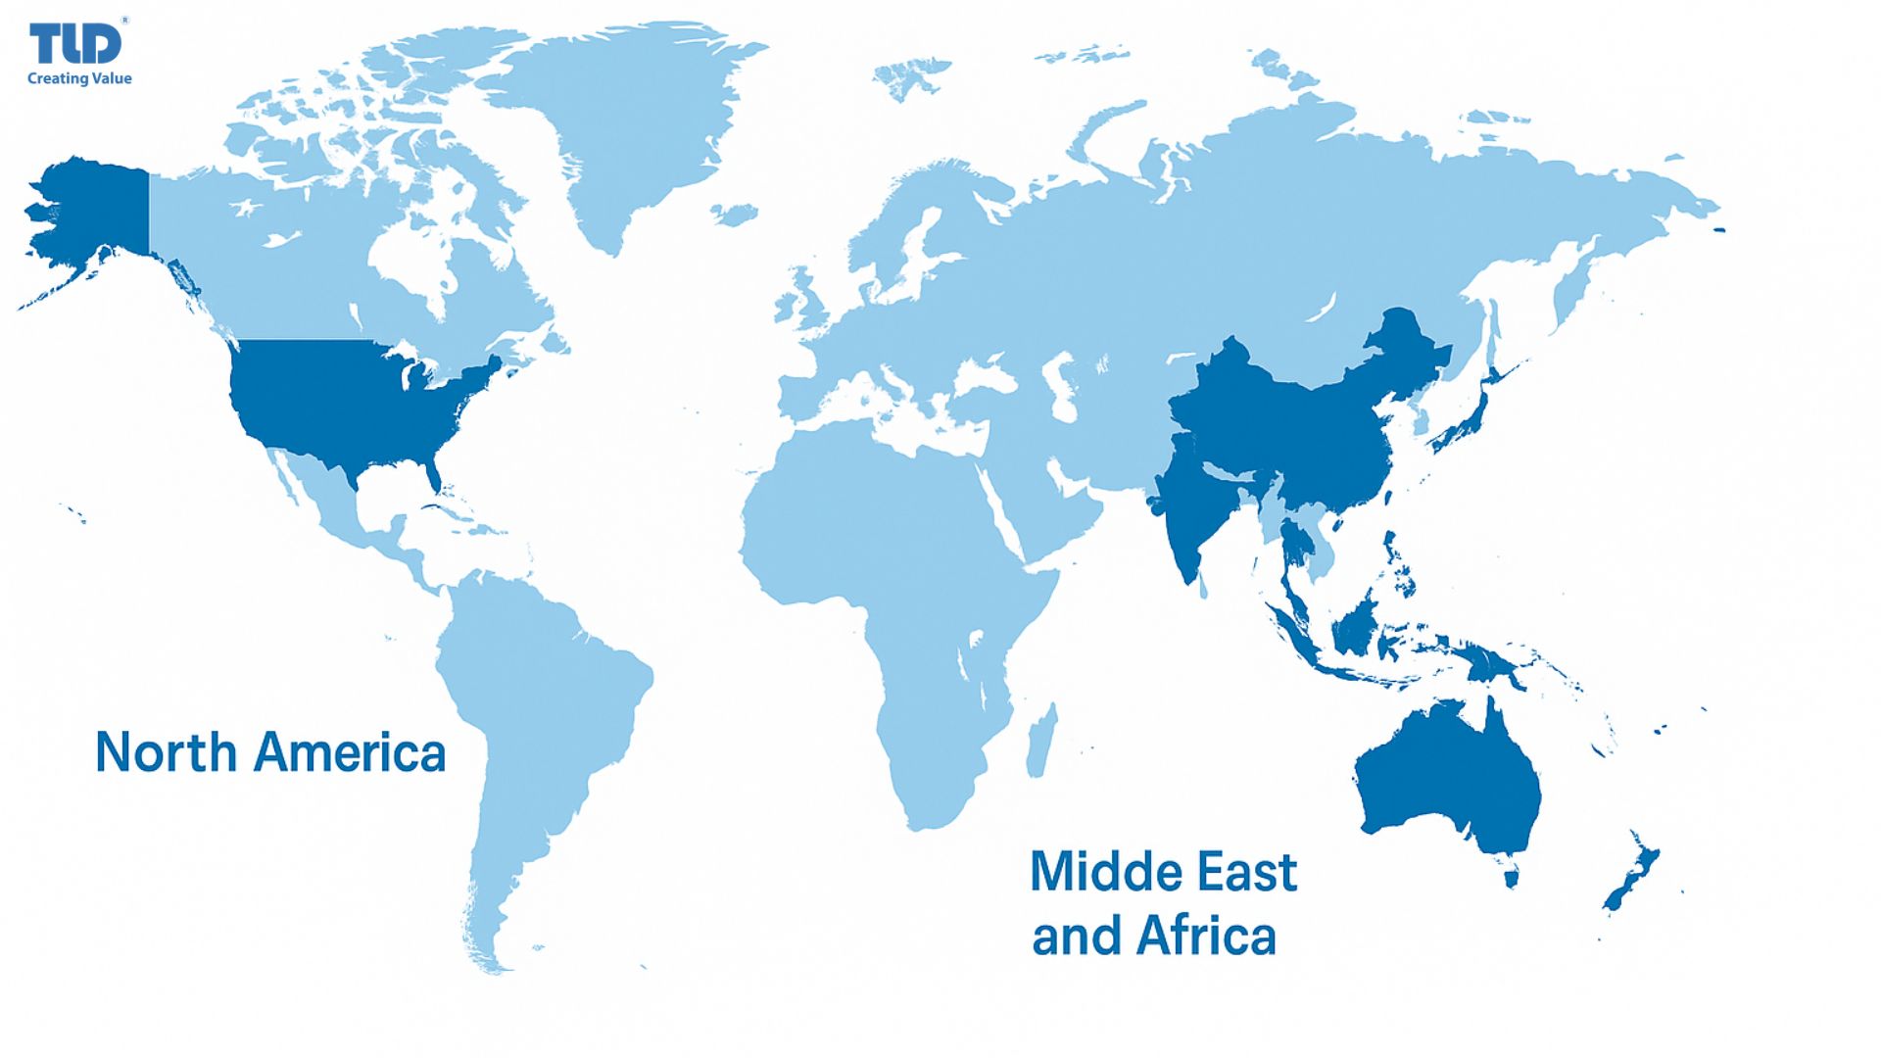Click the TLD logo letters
click(75, 44)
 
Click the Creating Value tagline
click(79, 78)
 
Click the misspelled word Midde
click(1095, 872)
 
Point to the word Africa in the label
click(1207, 936)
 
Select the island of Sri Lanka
click(1204, 588)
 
